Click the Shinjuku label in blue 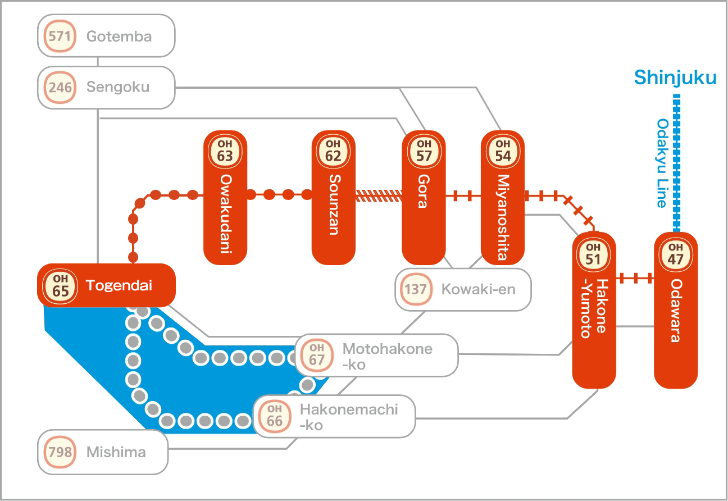tap(675, 78)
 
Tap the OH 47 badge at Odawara tap(676, 253)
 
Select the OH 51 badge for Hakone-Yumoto tap(593, 253)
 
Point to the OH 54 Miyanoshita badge tap(503, 151)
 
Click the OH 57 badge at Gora tap(424, 151)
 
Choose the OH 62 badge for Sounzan tap(333, 151)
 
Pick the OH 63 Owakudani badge tap(225, 151)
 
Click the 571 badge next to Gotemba tap(60, 37)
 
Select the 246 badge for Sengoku tap(60, 88)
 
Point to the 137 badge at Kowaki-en tap(417, 290)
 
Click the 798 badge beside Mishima tap(60, 452)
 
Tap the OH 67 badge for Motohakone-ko tap(317, 355)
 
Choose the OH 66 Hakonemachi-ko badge tap(274, 416)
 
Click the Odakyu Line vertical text tap(662, 163)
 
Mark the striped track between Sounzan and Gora tap(379, 195)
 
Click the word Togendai tap(119, 285)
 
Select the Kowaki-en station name tap(478, 290)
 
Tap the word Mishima tap(116, 452)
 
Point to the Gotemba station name tap(119, 37)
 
